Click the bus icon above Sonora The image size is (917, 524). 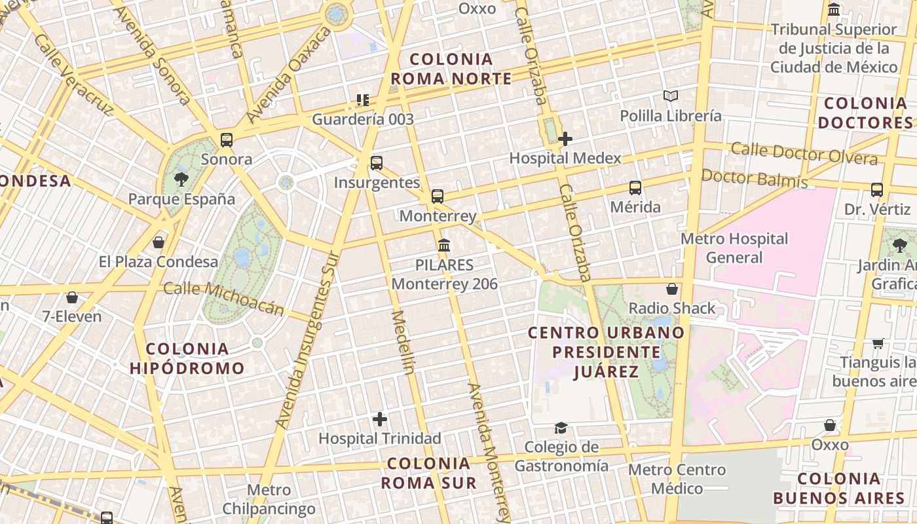[x=227, y=140]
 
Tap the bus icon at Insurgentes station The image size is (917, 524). [x=377, y=163]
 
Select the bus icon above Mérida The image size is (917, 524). [x=635, y=188]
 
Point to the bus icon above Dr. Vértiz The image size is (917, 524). [x=877, y=190]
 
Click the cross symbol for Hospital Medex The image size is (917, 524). [x=565, y=139]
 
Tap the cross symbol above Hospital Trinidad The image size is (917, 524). [x=380, y=419]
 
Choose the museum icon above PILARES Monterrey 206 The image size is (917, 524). [x=444, y=246]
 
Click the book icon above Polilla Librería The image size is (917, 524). [x=671, y=96]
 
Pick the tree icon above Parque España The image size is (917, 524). [x=181, y=179]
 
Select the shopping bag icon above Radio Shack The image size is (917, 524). [x=672, y=289]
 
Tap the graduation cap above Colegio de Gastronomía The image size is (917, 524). [x=561, y=428]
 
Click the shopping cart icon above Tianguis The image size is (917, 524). [x=878, y=343]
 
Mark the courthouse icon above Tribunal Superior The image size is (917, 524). [x=834, y=10]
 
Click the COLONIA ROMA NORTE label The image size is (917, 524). [x=451, y=69]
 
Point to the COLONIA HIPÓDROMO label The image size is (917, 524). [x=187, y=358]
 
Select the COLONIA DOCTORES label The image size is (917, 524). [x=865, y=113]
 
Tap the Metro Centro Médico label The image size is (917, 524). [x=677, y=479]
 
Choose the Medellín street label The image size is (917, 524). [x=403, y=341]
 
